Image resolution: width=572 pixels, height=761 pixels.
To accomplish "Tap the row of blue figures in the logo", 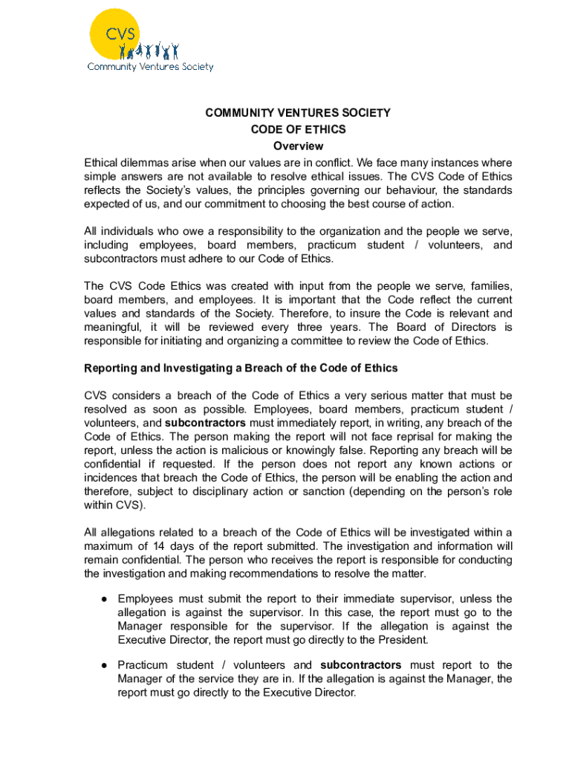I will coord(152,51).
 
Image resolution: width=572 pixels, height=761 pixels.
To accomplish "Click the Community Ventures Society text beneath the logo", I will coord(150,67).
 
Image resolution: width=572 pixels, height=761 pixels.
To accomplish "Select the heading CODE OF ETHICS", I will coord(298,129).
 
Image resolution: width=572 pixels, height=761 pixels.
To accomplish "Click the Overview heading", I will coord(298,146).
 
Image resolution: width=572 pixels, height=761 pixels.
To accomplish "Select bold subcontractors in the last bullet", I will coord(360,665).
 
